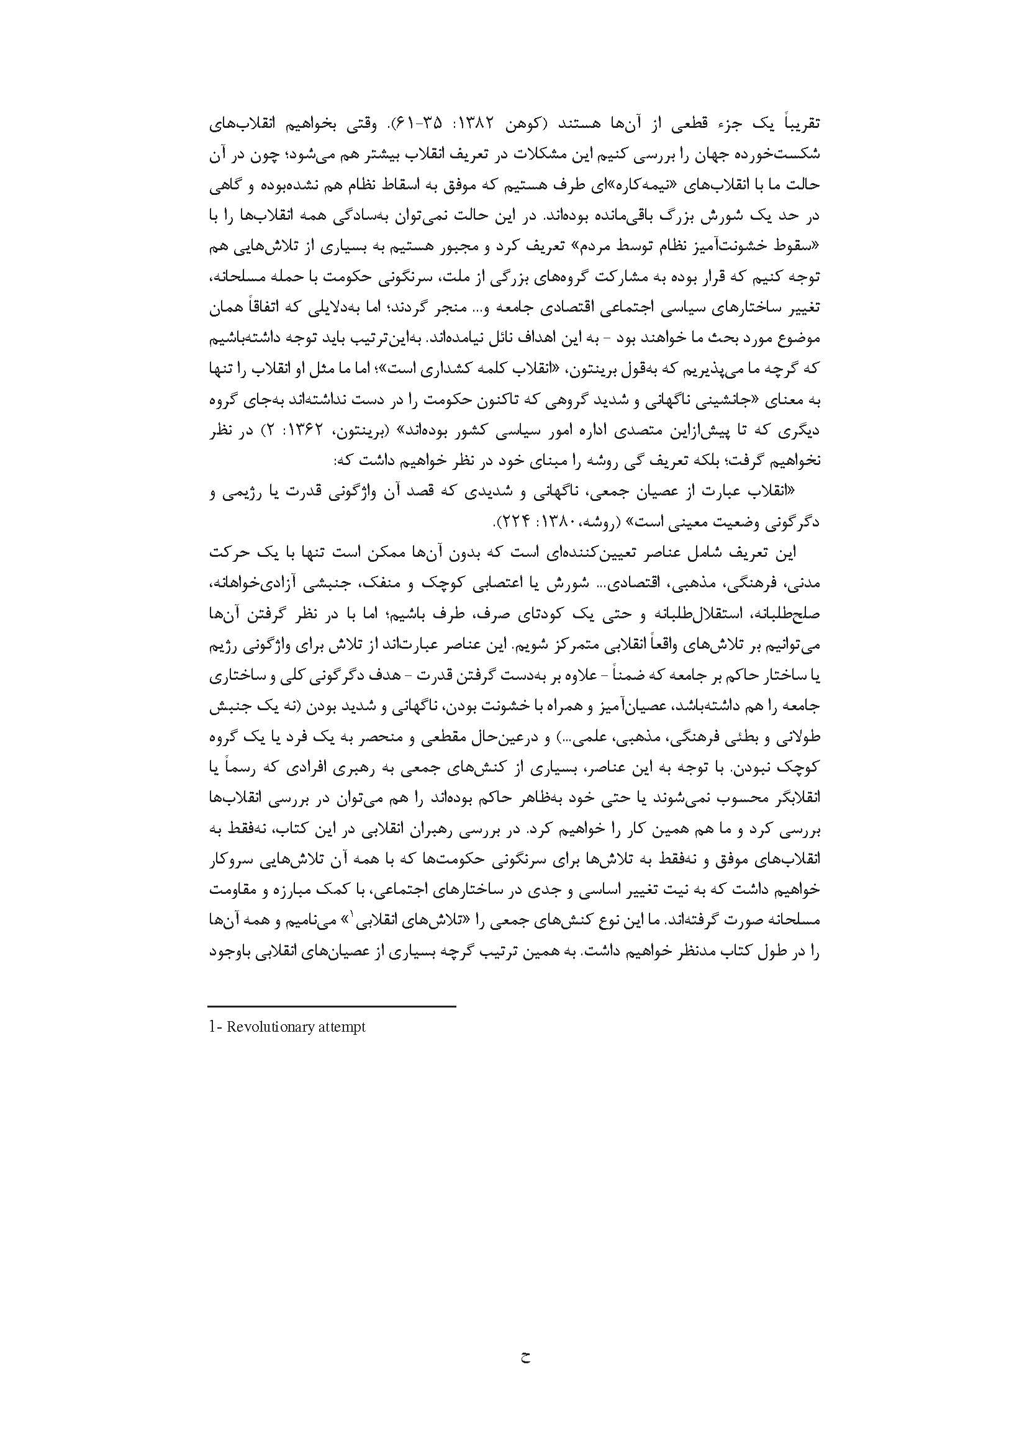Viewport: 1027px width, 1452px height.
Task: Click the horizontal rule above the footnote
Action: pyautogui.click(x=332, y=1006)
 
